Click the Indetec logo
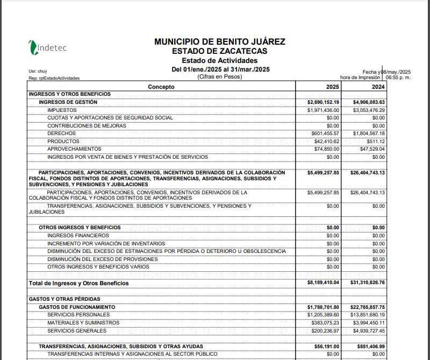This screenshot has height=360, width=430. tap(48, 47)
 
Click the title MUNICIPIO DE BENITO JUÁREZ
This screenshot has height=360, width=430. tap(219, 42)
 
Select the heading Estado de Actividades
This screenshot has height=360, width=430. tap(219, 60)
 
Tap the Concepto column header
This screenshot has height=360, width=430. tap(161, 87)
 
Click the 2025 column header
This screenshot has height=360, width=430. tap(332, 87)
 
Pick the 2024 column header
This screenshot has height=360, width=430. tap(378, 87)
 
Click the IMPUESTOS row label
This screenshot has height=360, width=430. tap(62, 110)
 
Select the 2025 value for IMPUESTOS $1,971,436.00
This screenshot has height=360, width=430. tap(323, 110)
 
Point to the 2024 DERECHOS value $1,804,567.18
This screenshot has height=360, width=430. tap(369, 133)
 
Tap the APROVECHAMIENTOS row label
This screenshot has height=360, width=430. tap(74, 149)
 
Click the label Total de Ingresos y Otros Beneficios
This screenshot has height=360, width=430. tap(78, 283)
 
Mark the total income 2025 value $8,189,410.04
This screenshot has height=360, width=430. tap(323, 283)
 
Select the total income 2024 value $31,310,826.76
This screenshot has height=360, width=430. tap(368, 283)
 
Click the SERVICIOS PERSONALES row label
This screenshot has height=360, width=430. tap(78, 315)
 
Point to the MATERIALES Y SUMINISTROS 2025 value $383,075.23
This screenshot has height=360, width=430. tap(325, 323)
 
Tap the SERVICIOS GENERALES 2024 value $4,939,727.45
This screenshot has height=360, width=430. tap(369, 330)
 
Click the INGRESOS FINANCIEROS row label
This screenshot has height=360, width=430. tap(78, 236)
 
